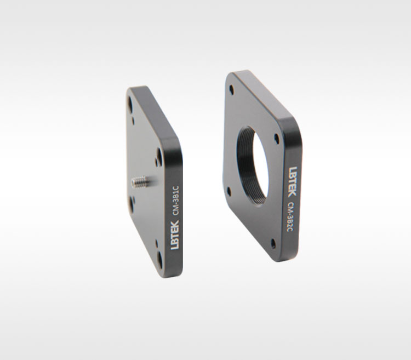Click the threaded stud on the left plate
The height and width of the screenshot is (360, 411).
pos(140,181)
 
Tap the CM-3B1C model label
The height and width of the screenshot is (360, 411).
pos(175,201)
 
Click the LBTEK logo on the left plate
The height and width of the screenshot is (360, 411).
pos(175,235)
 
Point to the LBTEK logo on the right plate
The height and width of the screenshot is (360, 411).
pos(293,181)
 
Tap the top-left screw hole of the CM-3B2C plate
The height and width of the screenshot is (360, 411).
pos(231,90)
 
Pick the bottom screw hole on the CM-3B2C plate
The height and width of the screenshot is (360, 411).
pos(273,244)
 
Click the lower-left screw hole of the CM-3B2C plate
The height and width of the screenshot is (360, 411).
pos(229,192)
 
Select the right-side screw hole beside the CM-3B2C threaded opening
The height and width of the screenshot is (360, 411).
pos(276,138)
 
